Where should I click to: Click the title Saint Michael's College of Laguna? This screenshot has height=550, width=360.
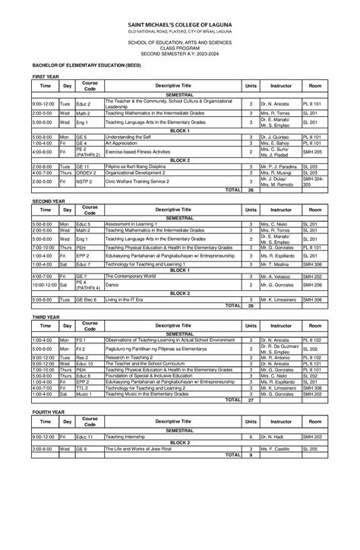point(180,25)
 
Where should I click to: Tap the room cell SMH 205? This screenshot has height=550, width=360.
point(312,151)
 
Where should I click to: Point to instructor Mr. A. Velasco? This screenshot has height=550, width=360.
point(276,275)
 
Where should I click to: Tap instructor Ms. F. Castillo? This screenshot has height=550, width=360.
point(276,448)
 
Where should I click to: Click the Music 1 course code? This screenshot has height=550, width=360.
point(84,394)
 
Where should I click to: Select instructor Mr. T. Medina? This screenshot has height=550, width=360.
point(276,264)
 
